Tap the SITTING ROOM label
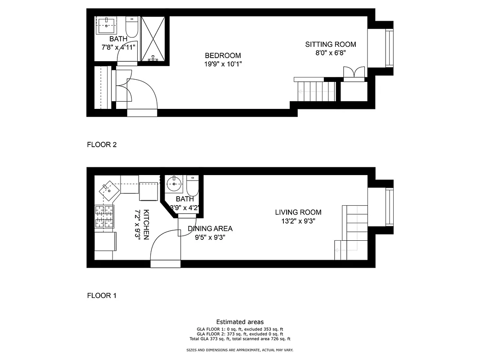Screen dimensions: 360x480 click(330, 44)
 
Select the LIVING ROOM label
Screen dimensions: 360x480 click(298, 212)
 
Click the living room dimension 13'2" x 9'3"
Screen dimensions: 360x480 click(298, 221)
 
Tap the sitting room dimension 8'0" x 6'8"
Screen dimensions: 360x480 click(330, 53)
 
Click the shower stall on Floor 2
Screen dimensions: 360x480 click(153, 39)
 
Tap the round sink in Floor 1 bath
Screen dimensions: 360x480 click(174, 184)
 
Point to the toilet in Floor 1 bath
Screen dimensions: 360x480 click(192, 184)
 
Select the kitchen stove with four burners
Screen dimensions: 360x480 click(104, 217)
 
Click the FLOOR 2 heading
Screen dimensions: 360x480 click(102, 145)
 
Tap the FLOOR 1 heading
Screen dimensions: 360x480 click(102, 296)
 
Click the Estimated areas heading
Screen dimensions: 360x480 click(240, 322)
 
